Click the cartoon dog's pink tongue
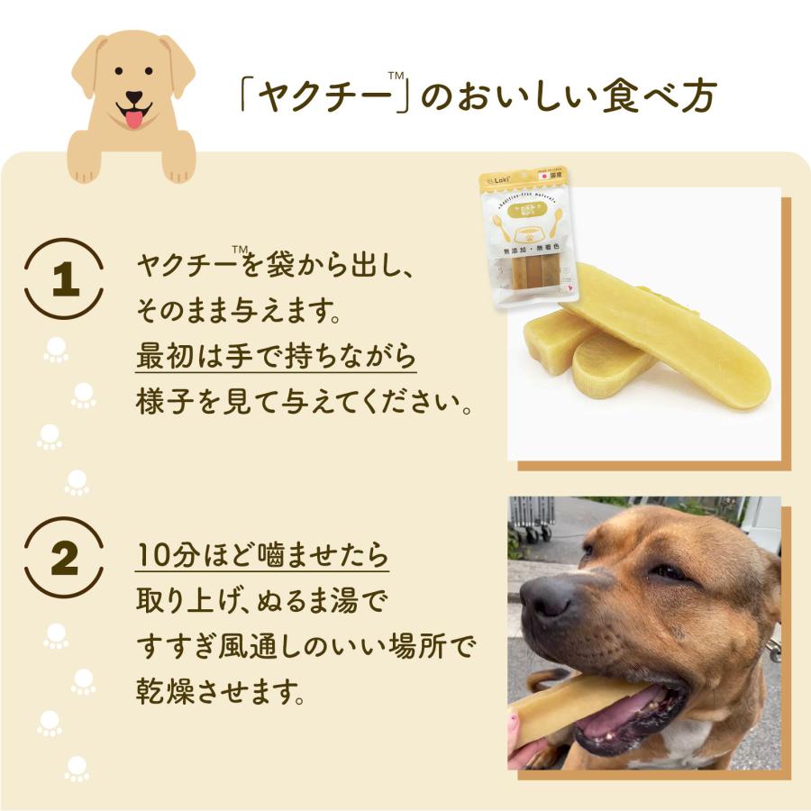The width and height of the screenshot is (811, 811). pos(133,118)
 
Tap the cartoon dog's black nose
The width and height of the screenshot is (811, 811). pos(133,97)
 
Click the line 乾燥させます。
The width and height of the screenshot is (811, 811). pos(220,690)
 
